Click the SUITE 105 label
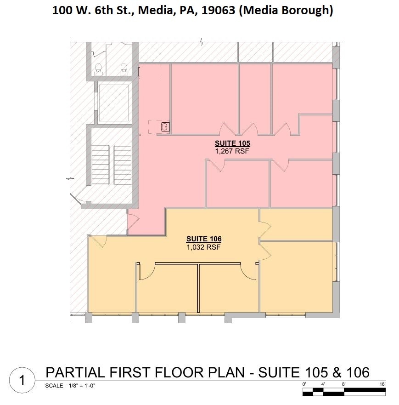click(x=232, y=143)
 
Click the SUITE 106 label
click(x=203, y=239)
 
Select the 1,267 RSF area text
click(x=232, y=150)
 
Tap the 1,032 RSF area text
click(x=203, y=246)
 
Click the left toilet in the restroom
click(x=98, y=68)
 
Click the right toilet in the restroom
click(x=124, y=68)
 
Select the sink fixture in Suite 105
click(x=165, y=126)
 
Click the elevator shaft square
click(x=113, y=103)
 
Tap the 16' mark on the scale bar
click(x=382, y=383)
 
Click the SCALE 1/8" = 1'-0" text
click(x=72, y=386)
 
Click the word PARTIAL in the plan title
click(x=74, y=372)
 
